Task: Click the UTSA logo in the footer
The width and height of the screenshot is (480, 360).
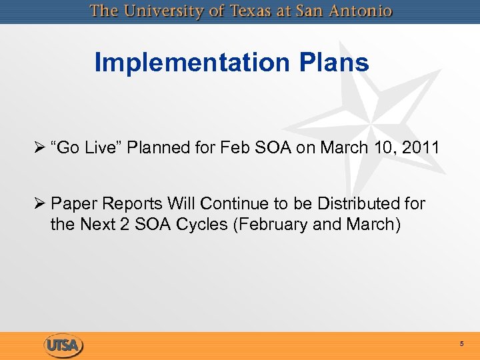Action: click(63, 345)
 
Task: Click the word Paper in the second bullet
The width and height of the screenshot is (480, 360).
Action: click(73, 203)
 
